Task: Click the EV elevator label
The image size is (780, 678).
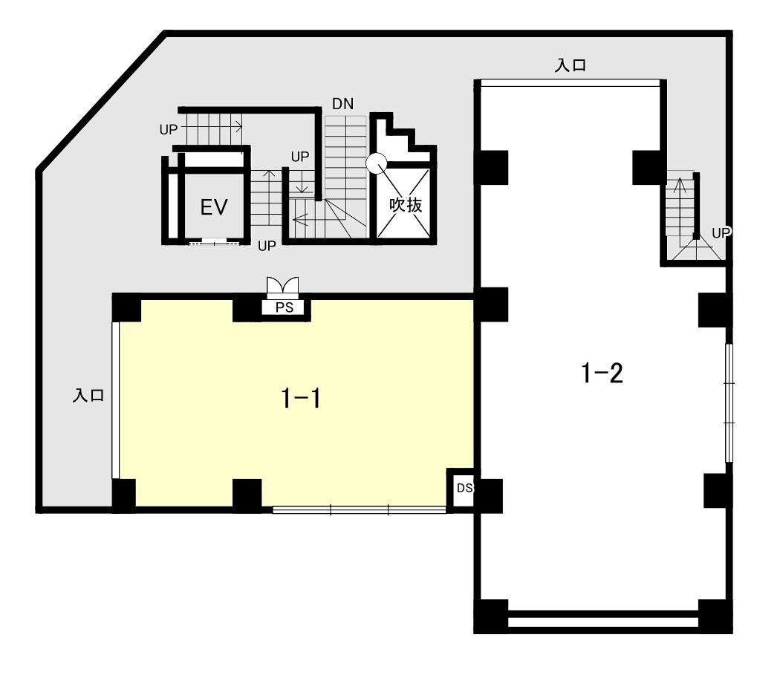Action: (x=214, y=207)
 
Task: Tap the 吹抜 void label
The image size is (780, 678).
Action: (x=406, y=204)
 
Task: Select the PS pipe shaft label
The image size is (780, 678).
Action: (x=285, y=307)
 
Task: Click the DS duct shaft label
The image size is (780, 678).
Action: (x=464, y=488)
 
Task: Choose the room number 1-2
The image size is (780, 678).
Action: (x=602, y=373)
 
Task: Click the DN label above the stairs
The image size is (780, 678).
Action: (x=342, y=103)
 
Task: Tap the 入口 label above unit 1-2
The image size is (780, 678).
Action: (x=571, y=65)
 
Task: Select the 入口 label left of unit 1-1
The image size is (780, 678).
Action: (x=88, y=396)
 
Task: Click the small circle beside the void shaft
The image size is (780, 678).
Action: (x=376, y=162)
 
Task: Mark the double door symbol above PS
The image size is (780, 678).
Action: (x=282, y=287)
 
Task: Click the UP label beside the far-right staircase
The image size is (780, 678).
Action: (x=721, y=232)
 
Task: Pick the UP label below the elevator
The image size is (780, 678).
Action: (x=267, y=246)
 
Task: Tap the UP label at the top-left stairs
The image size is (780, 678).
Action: (x=168, y=129)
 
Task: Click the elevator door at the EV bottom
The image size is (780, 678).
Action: (x=214, y=242)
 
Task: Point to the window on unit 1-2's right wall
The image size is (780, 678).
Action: (x=729, y=403)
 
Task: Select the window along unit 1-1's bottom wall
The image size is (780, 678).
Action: (x=359, y=509)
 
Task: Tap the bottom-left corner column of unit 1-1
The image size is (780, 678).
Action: (x=124, y=495)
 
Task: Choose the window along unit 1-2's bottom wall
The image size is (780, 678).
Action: (x=603, y=622)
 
